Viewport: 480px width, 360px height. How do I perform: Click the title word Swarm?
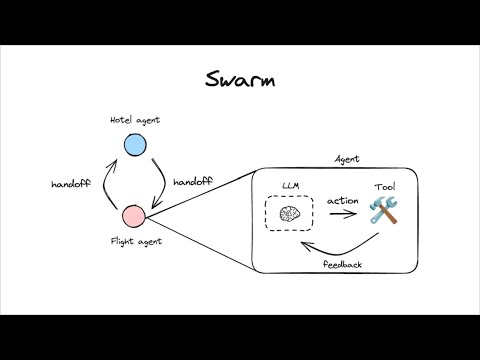pos(240,79)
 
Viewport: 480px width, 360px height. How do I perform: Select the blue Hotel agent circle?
pos(134,146)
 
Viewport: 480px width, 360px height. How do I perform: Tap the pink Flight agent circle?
pos(134,214)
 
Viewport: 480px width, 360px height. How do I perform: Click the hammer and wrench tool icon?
pos(384,210)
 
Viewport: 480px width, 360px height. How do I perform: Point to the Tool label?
pos(384,186)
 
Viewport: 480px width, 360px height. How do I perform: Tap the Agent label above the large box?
pos(347,159)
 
